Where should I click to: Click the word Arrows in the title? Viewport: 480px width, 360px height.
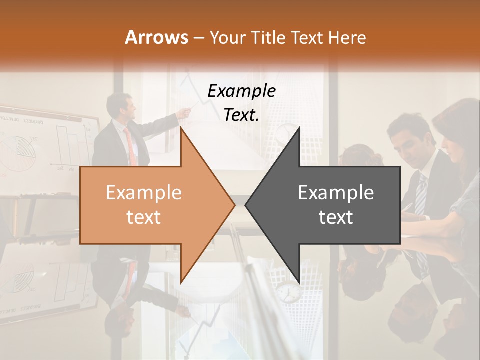(157, 37)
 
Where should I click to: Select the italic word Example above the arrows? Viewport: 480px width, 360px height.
(241, 91)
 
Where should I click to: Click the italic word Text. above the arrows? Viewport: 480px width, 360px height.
(241, 115)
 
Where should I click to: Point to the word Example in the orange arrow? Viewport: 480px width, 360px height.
(144, 192)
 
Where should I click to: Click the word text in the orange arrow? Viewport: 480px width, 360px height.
(144, 217)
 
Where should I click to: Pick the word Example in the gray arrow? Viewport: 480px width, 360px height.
(336, 192)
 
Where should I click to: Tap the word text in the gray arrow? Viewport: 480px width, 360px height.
(336, 217)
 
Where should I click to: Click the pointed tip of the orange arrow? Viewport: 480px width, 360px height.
(233, 205)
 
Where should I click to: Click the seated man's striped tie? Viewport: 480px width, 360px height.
(421, 192)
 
